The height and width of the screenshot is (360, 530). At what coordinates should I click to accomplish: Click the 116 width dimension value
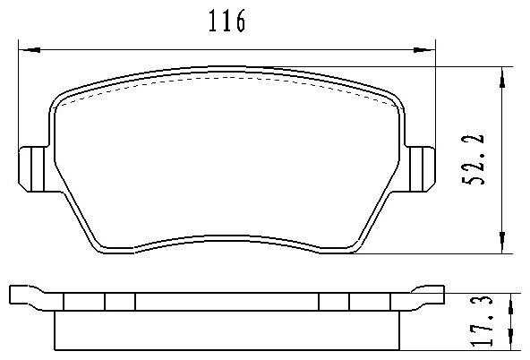coord(227,21)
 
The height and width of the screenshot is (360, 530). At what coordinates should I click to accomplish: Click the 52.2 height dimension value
coord(474,159)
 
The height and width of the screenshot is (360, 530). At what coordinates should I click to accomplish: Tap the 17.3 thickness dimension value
coord(482,321)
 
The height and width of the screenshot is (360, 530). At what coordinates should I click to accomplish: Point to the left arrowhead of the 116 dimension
coord(30,50)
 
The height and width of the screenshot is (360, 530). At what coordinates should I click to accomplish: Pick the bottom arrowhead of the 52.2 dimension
coord(502,243)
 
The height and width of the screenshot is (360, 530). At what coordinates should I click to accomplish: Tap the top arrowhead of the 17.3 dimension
coord(510,303)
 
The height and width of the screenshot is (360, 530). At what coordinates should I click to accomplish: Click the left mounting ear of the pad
coord(32,169)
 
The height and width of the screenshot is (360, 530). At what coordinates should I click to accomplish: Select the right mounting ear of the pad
coord(422,169)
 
